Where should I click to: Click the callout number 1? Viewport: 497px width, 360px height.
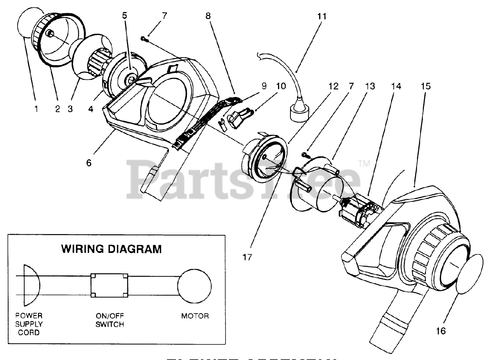(x=36, y=109)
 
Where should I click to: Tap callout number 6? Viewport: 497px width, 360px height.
(x=89, y=163)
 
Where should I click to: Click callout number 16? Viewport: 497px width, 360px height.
(x=441, y=331)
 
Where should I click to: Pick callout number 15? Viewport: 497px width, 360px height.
(x=426, y=86)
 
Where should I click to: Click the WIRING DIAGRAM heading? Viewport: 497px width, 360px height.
(x=111, y=249)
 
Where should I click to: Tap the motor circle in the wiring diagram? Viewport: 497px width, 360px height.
(x=193, y=287)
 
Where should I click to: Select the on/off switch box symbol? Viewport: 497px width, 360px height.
(x=109, y=286)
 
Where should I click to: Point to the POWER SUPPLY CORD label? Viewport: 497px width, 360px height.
(x=29, y=324)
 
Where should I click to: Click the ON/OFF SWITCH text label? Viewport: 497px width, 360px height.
(x=110, y=320)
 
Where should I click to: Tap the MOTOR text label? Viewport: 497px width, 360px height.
(x=195, y=316)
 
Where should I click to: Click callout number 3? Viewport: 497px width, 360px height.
(x=70, y=109)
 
